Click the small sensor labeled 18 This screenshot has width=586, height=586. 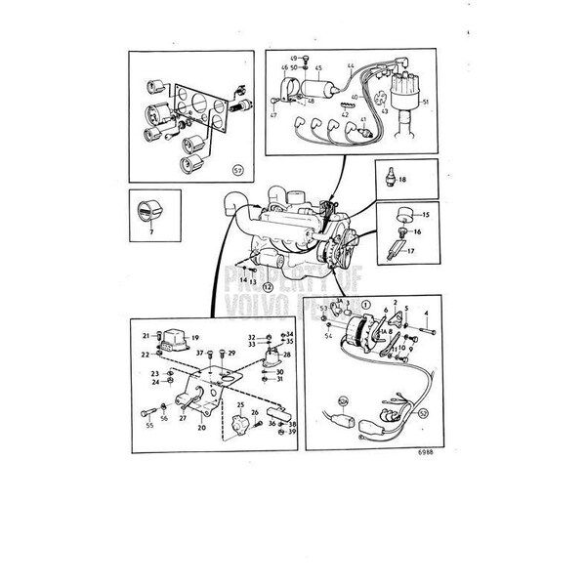(x=391, y=182)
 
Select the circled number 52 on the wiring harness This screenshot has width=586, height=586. (x=423, y=413)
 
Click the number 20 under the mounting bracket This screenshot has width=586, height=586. (x=201, y=427)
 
